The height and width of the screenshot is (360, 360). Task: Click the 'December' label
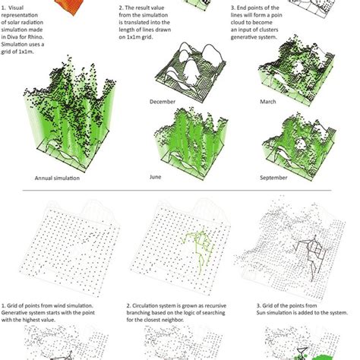[163, 101]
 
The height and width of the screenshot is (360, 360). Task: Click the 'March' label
[268, 101]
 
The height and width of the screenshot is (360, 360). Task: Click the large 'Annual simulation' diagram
[61, 114]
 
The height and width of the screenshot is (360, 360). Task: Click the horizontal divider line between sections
[180, 191]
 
